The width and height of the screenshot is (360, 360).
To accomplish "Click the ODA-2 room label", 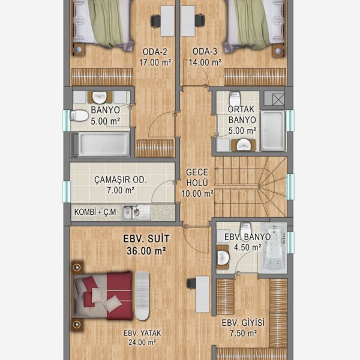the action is [x=155, y=52].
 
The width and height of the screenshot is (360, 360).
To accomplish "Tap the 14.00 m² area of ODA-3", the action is [x=205, y=62].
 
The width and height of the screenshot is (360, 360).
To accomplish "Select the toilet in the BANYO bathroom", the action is [x=79, y=116].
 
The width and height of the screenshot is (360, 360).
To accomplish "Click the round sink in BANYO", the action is [x=100, y=97].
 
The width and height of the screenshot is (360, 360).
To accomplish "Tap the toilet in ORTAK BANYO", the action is [x=235, y=98].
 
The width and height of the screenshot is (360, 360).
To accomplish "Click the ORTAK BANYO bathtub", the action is [x=272, y=131].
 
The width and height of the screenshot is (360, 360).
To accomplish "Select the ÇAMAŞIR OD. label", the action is [x=121, y=180].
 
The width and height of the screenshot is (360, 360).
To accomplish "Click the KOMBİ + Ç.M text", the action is [x=95, y=212].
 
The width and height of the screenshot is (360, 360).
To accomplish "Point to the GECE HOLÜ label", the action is [x=197, y=178].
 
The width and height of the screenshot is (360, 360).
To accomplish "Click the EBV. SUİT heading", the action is [x=146, y=239].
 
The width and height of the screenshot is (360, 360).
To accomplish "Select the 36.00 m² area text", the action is [x=146, y=251].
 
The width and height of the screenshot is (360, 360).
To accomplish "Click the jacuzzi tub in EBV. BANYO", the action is [x=275, y=248].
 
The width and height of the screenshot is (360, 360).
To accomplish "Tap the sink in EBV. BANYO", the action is [x=223, y=257].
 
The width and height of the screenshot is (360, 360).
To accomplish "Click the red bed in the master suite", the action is [x=103, y=296].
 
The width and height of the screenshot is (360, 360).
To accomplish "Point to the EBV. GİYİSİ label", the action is [x=243, y=323].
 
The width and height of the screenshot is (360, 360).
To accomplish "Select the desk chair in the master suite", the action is [x=191, y=284].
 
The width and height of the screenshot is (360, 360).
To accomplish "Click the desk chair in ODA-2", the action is [x=155, y=22].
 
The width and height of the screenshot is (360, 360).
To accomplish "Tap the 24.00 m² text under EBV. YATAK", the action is [x=142, y=343].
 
